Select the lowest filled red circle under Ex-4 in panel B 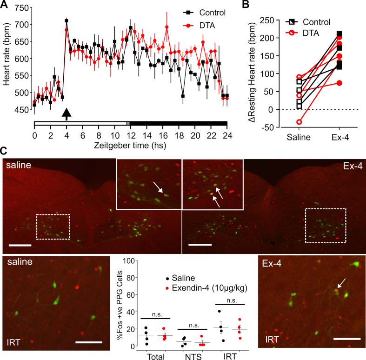(339, 83)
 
